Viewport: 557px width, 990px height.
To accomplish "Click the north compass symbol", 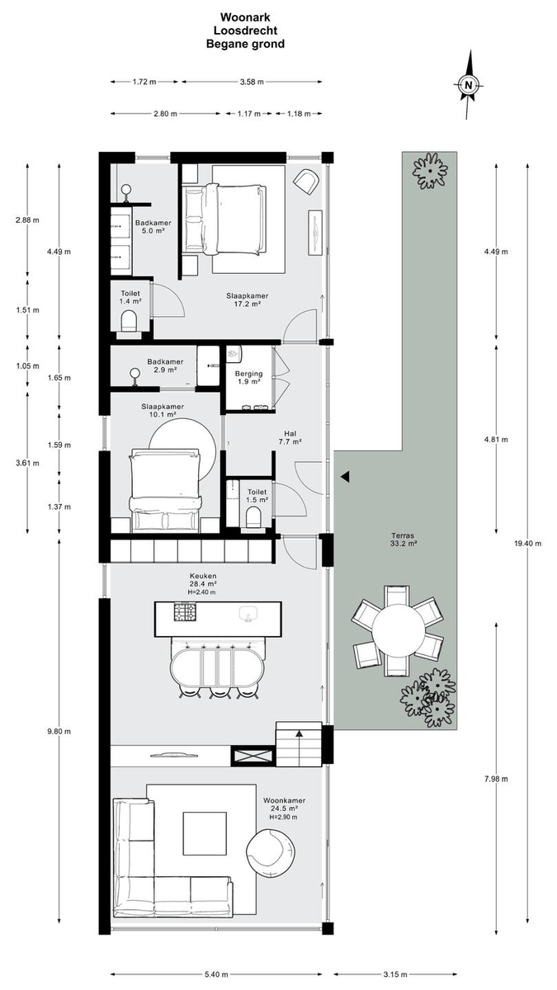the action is point(469,85).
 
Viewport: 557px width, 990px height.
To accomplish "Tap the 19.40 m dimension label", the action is point(527,544).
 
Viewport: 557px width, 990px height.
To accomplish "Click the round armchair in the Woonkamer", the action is point(271,851).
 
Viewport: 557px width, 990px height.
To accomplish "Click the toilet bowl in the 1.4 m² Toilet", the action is point(129,320).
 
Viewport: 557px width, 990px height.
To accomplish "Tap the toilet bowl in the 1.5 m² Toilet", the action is point(253,517).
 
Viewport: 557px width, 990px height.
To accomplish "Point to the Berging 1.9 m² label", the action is point(248,378).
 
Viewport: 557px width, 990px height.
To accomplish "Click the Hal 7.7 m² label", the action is point(290,437).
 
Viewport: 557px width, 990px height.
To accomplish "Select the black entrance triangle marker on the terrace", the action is point(345,476).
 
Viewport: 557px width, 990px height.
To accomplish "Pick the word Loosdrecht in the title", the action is point(245,31).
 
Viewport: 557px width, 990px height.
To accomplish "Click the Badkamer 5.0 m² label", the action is point(153,226).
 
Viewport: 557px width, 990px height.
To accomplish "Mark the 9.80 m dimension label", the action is point(59,732).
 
